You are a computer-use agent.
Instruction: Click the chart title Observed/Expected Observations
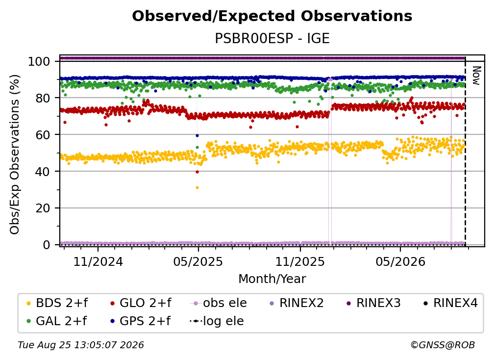pyautogui.click(x=272, y=16)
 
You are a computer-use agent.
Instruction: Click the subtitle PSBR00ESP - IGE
pyautogui.click(x=272, y=38)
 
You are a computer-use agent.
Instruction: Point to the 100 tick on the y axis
pyautogui.click(x=39, y=61)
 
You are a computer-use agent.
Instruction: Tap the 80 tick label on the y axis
pyautogui.click(x=43, y=98)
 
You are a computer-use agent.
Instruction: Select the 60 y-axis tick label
pyautogui.click(x=43, y=134)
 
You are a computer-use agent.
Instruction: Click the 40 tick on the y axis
pyautogui.click(x=43, y=172)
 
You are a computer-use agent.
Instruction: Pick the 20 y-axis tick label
pyautogui.click(x=43, y=208)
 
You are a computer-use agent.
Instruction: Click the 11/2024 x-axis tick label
pyautogui.click(x=98, y=261)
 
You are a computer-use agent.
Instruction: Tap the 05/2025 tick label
pyautogui.click(x=198, y=261)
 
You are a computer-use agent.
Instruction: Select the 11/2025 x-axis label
pyautogui.click(x=300, y=261)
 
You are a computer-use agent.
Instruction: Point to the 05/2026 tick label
pyautogui.click(x=400, y=261)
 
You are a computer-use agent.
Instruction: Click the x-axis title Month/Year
pyautogui.click(x=272, y=279)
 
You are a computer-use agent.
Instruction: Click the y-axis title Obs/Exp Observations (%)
pyautogui.click(x=15, y=154)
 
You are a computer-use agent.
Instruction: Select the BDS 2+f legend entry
pyautogui.click(x=57, y=303)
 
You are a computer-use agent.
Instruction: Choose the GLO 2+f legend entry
pyautogui.click(x=141, y=303)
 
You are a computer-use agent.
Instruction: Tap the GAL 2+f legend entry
pyautogui.click(x=56, y=321)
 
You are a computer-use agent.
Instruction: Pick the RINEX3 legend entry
pyautogui.click(x=373, y=303)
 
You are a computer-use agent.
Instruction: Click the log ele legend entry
pyautogui.click(x=217, y=321)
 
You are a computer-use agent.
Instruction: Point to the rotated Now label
pyautogui.click(x=476, y=76)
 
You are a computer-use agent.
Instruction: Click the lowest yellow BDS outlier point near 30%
pyautogui.click(x=197, y=187)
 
